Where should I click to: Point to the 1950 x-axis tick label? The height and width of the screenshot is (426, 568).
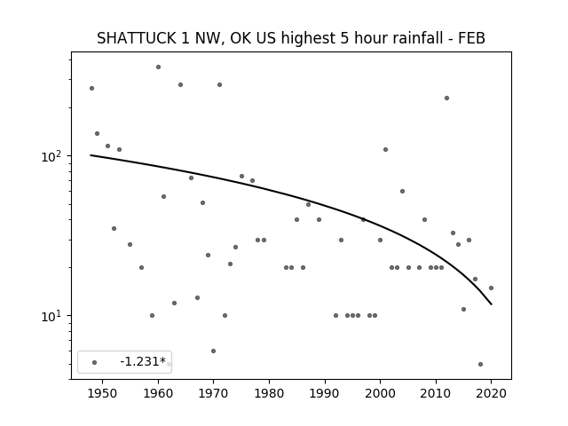pos(103,393)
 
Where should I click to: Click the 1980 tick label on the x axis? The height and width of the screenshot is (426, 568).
pos(269,393)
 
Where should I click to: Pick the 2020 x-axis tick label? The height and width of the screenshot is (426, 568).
pos(491,393)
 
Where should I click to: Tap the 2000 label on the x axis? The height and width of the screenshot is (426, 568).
pos(380,393)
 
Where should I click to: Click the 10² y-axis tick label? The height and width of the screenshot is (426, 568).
pos(51,157)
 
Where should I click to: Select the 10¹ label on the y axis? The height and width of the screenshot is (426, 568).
pos(51,317)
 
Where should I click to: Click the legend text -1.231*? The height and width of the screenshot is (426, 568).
pos(143,361)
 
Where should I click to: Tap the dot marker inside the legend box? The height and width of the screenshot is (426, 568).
pos(95,362)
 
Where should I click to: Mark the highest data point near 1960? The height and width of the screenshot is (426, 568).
pos(158,67)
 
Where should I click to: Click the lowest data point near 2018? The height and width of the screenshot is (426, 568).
pos(480,364)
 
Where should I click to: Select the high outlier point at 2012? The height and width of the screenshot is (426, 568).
pos(446,99)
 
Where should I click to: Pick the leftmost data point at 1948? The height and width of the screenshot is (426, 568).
pos(91,89)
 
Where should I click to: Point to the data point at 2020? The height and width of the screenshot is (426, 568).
pos(491,288)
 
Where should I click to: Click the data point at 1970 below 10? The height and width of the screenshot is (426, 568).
pos(213,351)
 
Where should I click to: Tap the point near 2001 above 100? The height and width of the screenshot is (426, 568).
pos(385,150)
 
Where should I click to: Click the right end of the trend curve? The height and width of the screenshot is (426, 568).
pos(492,304)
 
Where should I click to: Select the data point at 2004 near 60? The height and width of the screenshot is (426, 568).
pos(402,192)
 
